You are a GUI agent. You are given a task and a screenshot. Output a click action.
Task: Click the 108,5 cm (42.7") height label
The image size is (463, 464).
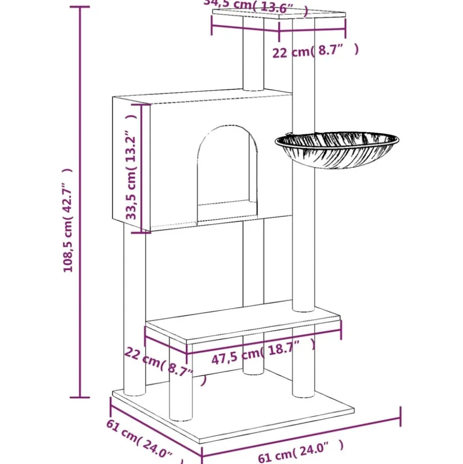click(x=69, y=220)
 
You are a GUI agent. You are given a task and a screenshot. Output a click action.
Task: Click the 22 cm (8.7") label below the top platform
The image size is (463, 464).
click(x=315, y=51)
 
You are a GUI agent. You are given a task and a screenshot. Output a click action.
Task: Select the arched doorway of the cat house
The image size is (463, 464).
click(x=227, y=172)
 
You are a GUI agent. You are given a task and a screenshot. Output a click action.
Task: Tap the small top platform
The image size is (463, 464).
click(x=279, y=14)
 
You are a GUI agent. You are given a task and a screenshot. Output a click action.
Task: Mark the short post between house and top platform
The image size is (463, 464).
click(x=253, y=57)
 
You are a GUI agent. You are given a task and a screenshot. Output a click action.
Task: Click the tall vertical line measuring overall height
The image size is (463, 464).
click(x=80, y=201)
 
